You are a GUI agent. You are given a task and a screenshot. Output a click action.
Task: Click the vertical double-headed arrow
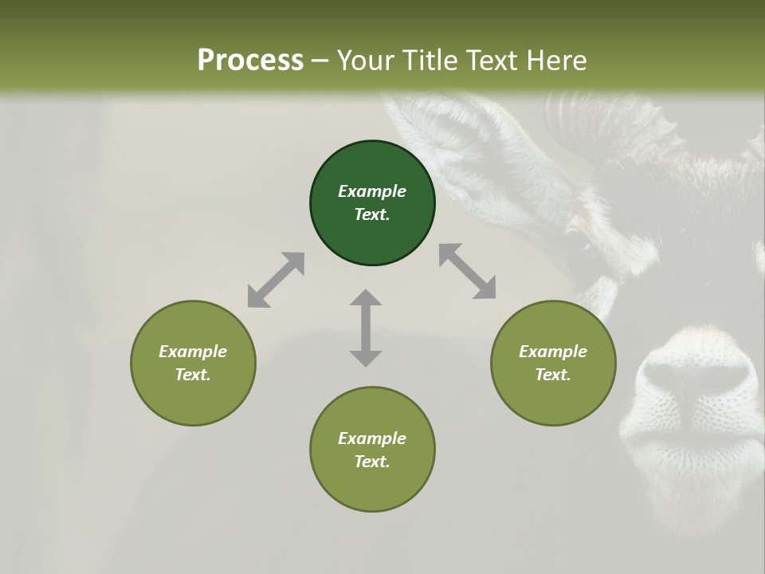tap(366, 328)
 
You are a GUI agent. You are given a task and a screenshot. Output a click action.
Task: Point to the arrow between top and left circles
tap(276, 280)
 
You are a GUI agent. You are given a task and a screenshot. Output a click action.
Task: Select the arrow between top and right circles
tap(468, 271)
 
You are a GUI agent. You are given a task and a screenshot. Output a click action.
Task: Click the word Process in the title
tap(250, 60)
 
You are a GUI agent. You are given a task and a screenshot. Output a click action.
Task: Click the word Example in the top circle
tap(372, 191)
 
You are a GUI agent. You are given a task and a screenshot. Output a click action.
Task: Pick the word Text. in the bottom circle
tap(372, 462)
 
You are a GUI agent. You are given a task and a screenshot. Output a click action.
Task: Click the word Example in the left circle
tap(193, 352)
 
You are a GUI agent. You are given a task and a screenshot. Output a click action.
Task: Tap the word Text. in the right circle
tap(553, 375)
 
